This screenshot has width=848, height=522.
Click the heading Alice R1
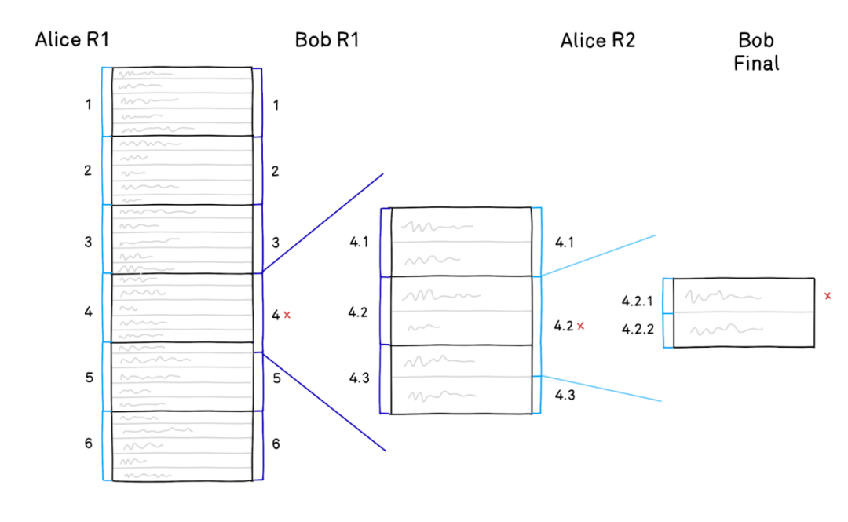tap(72, 39)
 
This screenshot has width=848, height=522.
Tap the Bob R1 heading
tap(327, 39)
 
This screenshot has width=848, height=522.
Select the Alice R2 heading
tap(598, 40)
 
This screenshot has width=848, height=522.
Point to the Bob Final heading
tap(756, 51)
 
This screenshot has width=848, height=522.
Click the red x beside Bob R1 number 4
tap(287, 315)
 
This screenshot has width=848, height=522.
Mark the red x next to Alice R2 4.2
tap(581, 327)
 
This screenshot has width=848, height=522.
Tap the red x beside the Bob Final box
tap(828, 296)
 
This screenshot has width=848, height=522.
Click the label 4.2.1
tap(637, 301)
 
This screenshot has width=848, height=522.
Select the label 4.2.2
tap(638, 329)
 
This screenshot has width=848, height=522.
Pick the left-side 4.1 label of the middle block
tap(359, 243)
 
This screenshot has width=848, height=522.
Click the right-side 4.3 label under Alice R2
tap(565, 396)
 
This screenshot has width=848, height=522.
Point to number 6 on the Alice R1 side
tap(89, 444)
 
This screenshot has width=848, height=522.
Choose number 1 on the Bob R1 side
tap(276, 105)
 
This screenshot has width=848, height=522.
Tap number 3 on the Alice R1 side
tap(88, 243)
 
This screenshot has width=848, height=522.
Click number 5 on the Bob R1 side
tap(276, 378)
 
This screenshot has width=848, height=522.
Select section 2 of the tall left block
tap(182, 170)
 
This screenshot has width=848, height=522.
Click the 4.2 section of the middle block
tap(462, 311)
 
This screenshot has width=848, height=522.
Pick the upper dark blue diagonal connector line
tap(323, 223)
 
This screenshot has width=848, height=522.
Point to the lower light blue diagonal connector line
tap(601, 389)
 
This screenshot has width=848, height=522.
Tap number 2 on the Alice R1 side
tap(88, 171)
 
